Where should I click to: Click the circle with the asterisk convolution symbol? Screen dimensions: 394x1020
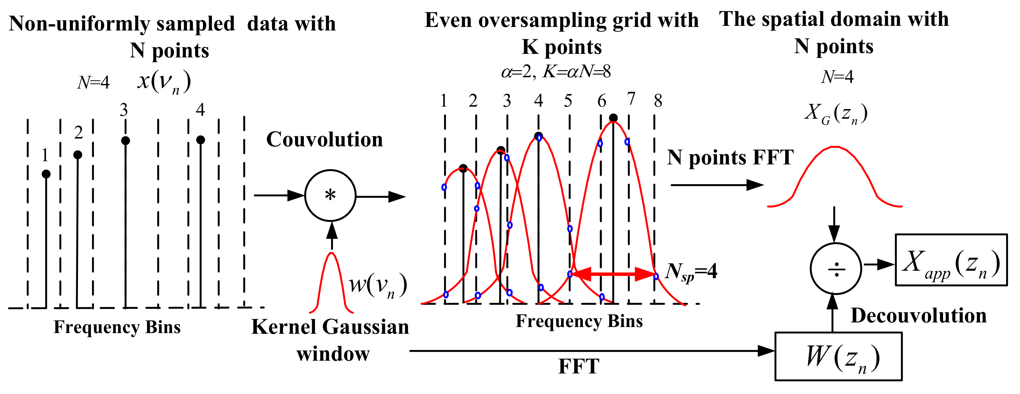pos(330,195)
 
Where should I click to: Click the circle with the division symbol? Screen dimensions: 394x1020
pos(835,269)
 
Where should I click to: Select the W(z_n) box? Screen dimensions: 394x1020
pos(838,356)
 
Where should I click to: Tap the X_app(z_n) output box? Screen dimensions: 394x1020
pos(951,260)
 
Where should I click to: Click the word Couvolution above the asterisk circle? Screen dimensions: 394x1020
pos(324,139)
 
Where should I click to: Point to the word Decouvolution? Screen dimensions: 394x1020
pos(918,316)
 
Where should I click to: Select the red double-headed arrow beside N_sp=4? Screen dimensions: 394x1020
pos(613,274)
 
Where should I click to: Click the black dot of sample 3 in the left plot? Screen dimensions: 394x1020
pos(125,141)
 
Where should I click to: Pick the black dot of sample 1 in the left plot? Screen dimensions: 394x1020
pos(46,174)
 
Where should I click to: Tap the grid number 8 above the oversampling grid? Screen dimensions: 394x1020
pos(658,101)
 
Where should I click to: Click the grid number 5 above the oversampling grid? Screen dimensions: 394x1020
pos(568,101)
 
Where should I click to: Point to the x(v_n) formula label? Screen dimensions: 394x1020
pos(164,82)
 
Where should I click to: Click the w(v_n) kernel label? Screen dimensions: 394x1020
pos(377,286)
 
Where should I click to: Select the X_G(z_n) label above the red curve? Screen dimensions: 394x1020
pos(835,113)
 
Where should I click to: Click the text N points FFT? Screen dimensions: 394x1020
pos(730,158)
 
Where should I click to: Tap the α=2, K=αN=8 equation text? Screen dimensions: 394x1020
pos(556,72)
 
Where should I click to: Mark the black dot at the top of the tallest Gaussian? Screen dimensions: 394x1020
pos(613,118)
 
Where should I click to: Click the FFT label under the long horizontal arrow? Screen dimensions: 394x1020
pos(578,366)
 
